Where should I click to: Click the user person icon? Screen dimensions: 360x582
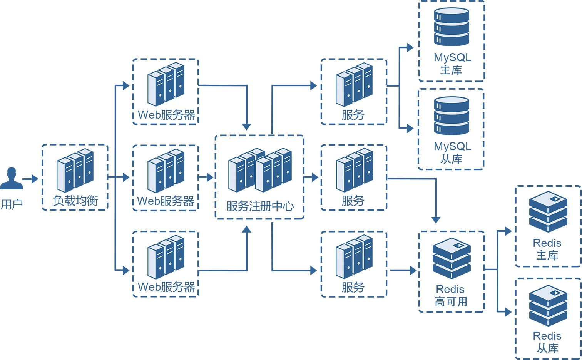click(x=12, y=179)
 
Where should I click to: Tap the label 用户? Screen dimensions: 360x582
click(x=12, y=204)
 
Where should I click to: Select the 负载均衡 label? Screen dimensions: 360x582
click(x=75, y=201)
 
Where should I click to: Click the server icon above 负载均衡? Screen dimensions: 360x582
click(x=75, y=170)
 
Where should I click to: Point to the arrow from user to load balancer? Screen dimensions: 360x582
click(x=30, y=179)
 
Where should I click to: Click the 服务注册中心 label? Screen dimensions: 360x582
click(x=260, y=206)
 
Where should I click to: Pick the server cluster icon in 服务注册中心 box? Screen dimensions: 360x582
click(x=260, y=170)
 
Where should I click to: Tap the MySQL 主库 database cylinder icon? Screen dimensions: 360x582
click(x=452, y=27)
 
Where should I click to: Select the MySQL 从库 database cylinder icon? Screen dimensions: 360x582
click(x=452, y=116)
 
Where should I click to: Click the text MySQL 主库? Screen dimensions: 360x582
click(x=452, y=64)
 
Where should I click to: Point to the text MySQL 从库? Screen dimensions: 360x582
click(x=452, y=152)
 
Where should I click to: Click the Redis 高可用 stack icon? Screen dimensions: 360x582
click(x=452, y=258)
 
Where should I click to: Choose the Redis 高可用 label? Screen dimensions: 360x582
click(x=451, y=295)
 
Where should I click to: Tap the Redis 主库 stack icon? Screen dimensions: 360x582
click(x=548, y=212)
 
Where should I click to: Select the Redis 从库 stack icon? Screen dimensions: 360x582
click(x=548, y=305)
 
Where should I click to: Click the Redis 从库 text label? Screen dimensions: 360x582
click(x=547, y=342)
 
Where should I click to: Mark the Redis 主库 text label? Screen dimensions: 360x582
click(x=547, y=249)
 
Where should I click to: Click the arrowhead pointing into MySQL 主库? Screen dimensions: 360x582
click(x=410, y=48)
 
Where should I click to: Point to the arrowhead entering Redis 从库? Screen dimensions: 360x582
click(x=508, y=312)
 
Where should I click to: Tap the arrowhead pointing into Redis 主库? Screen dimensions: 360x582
click(x=508, y=231)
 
